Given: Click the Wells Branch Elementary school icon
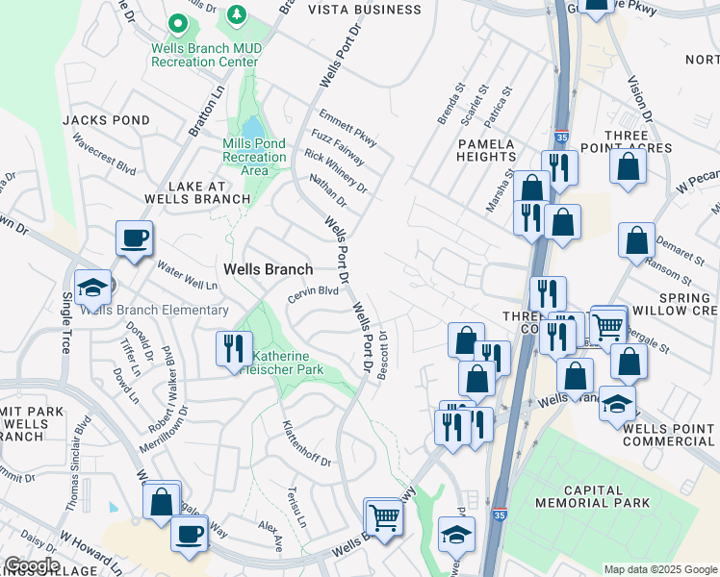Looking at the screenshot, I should (93, 287).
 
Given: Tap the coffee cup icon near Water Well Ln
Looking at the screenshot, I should (134, 238).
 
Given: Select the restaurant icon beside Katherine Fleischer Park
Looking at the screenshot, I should (232, 347).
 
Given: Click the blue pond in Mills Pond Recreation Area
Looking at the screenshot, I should (252, 128).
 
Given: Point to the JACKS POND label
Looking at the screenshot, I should (106, 120).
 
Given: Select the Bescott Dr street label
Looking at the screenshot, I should (382, 356).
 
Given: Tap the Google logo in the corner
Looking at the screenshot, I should (32, 565).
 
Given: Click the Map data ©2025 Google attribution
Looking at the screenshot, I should (660, 569).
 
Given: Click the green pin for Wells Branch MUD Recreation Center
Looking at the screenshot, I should (177, 22).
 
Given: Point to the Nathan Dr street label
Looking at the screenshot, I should (327, 189).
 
